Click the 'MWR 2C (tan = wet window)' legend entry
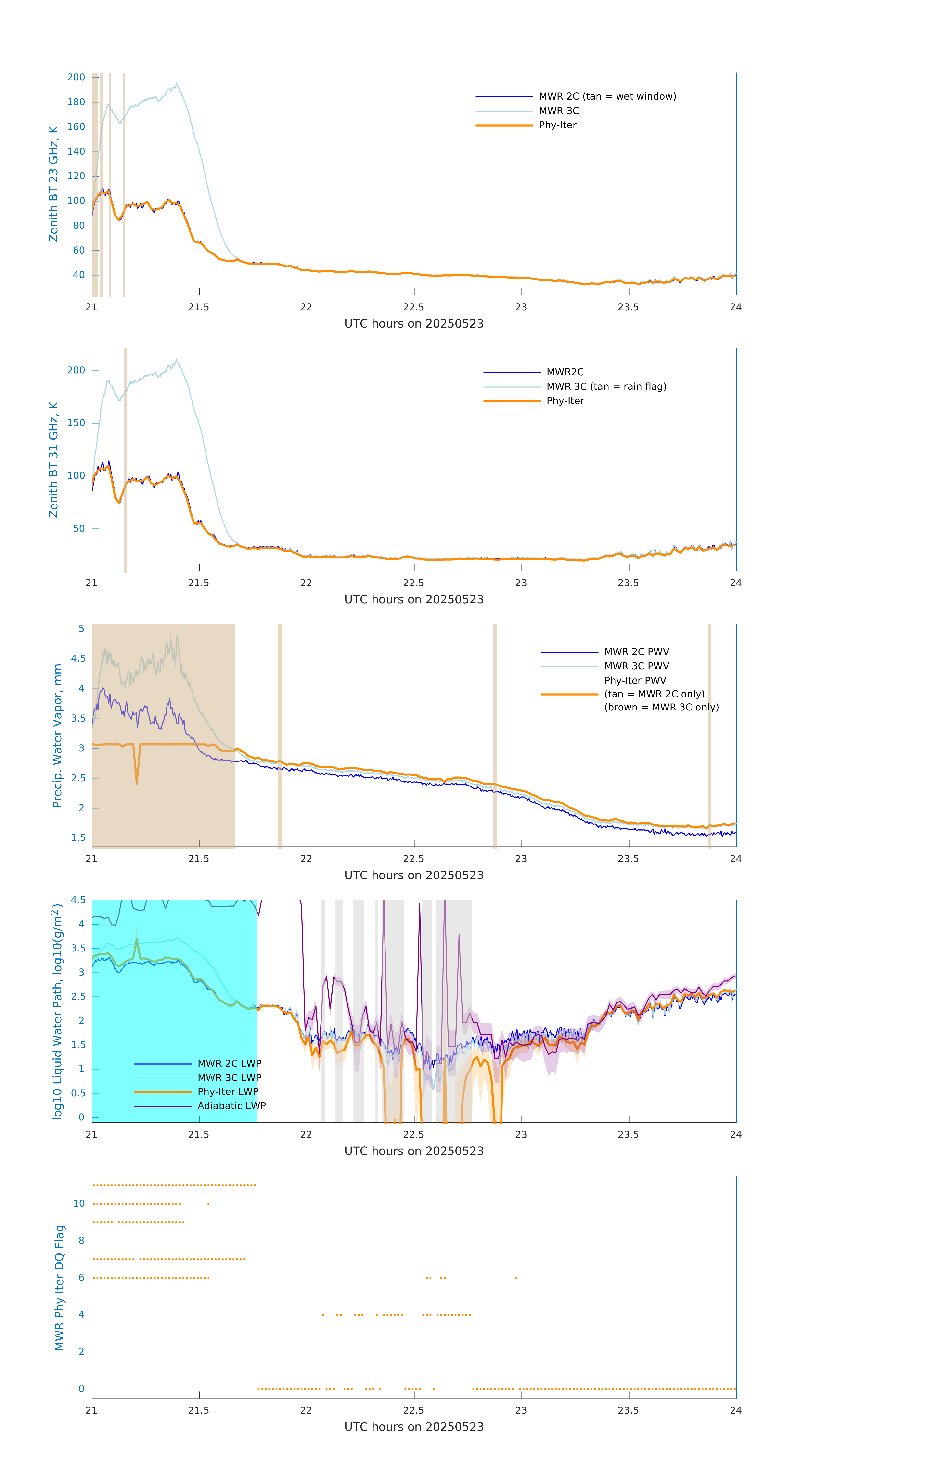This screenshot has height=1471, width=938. [x=607, y=97]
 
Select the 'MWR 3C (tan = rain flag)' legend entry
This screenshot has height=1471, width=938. [x=605, y=387]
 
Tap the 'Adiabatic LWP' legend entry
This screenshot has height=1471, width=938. [x=231, y=1106]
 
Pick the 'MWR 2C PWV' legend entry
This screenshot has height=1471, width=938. [x=636, y=652]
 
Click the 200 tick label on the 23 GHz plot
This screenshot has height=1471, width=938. [x=76, y=77]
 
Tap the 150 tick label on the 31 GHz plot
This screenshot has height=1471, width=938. [x=76, y=423]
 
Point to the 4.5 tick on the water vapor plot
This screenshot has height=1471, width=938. [x=78, y=659]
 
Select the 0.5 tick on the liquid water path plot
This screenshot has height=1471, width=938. [x=78, y=1093]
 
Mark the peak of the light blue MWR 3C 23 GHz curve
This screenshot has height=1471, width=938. [x=177, y=84]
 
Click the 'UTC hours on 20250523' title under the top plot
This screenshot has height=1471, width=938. [x=414, y=324]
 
